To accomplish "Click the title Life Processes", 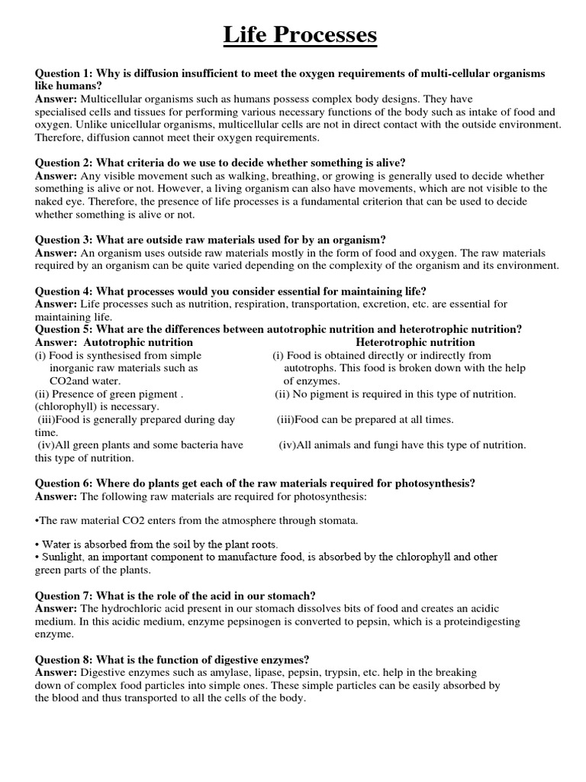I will tap(299, 35).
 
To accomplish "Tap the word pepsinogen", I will tap(246, 622).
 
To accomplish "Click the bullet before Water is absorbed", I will tap(37, 544).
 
